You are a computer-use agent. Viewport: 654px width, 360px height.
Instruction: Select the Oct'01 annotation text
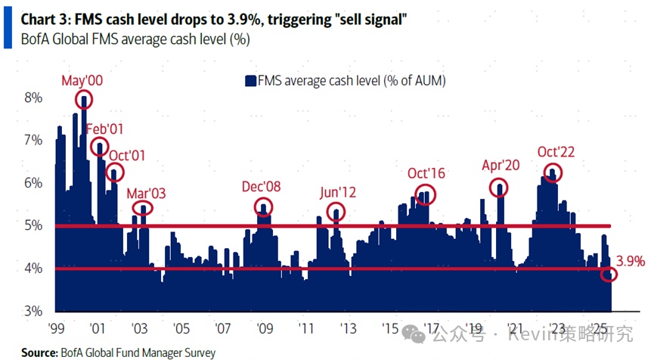127,156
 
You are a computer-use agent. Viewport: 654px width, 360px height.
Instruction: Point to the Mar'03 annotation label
146,193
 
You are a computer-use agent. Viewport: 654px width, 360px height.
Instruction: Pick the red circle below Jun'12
336,213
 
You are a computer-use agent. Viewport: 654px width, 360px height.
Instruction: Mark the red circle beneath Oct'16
426,194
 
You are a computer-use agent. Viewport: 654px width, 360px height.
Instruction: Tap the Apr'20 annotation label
501,166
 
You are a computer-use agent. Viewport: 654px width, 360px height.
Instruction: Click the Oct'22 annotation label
556,152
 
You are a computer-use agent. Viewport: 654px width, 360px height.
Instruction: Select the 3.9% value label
630,262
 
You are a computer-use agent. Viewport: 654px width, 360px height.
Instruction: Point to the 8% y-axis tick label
33,98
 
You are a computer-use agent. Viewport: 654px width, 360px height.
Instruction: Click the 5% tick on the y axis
33,225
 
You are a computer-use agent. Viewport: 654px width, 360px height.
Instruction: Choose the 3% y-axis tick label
33,311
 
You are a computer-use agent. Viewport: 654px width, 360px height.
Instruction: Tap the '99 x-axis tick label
55,329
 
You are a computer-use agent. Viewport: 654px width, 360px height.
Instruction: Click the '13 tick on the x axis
348,329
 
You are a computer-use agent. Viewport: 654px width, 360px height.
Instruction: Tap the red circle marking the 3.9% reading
609,275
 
